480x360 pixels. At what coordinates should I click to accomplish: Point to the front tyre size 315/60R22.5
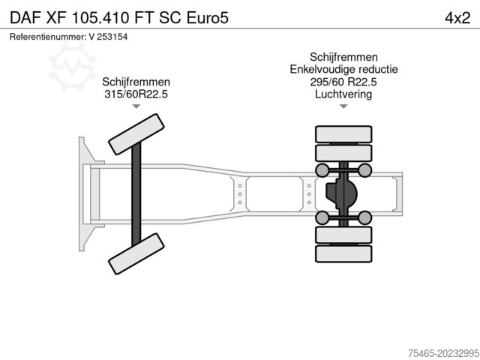click(136, 94)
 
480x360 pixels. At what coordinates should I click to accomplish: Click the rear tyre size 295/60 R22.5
click(343, 82)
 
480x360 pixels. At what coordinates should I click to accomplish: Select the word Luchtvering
click(343, 94)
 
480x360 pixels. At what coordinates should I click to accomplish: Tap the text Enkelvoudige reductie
click(343, 69)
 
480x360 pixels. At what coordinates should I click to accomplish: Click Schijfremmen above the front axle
click(136, 82)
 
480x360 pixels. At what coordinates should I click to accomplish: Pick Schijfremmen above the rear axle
click(343, 57)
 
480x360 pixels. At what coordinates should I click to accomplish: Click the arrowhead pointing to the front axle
click(136, 107)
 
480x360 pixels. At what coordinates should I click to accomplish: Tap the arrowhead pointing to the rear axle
click(343, 107)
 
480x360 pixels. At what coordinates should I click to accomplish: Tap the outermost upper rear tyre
click(343, 134)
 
